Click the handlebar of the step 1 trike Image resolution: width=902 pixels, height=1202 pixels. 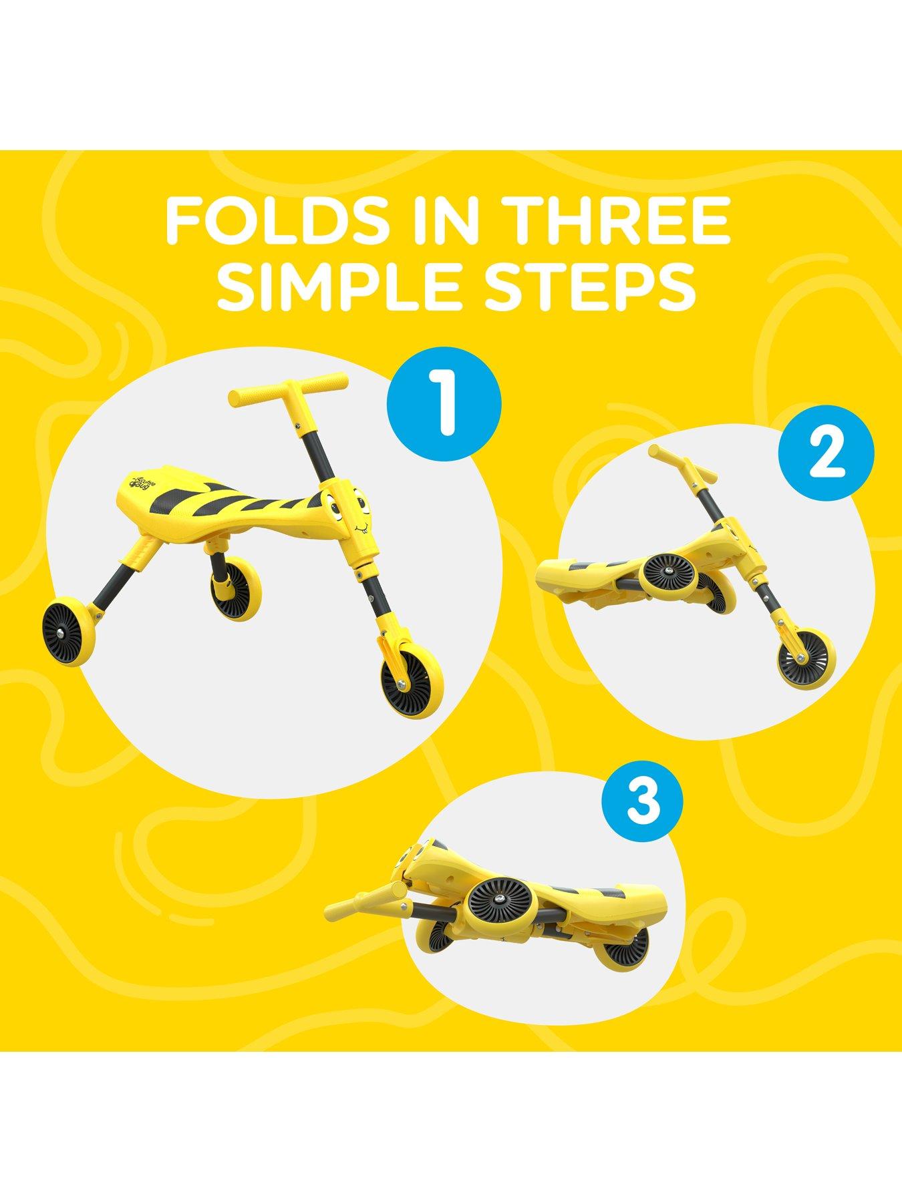pyautogui.click(x=287, y=391)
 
